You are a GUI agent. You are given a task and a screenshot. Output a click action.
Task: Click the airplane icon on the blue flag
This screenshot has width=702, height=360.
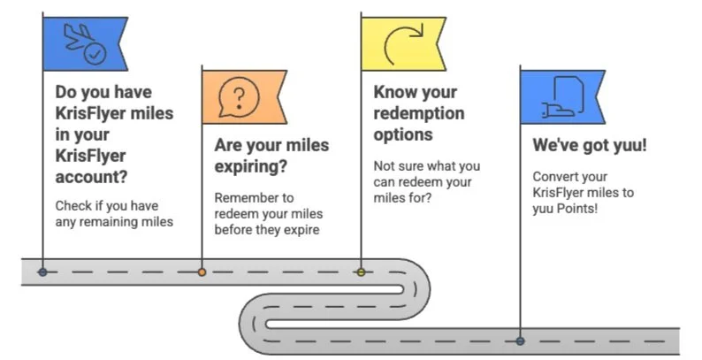click(78, 36)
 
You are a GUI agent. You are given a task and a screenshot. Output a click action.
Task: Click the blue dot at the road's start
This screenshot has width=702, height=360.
click(42, 272)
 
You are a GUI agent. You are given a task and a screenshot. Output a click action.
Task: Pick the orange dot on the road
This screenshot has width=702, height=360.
click(202, 272)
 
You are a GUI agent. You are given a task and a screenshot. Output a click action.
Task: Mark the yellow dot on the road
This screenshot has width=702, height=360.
click(361, 272)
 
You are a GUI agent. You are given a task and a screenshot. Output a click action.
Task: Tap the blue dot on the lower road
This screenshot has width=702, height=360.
click(520, 341)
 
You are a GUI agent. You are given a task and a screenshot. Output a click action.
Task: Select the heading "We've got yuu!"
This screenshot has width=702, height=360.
click(589, 145)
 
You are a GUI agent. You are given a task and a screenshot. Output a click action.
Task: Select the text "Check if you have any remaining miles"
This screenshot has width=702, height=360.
click(113, 213)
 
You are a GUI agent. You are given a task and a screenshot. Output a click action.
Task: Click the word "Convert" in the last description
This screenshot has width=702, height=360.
click(556, 175)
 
